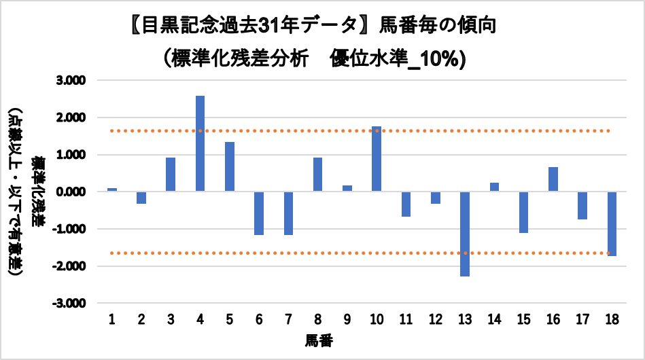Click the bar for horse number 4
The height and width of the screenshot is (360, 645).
point(200,143)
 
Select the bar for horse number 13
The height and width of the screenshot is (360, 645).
point(465,234)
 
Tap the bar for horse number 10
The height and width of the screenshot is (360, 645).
point(377,159)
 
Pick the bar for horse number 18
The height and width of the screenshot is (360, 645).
point(612,223)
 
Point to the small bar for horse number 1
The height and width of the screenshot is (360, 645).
point(112,190)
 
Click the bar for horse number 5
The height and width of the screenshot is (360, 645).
point(230,166)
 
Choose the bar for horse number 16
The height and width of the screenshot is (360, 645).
point(553,179)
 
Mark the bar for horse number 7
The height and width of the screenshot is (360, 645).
point(288,213)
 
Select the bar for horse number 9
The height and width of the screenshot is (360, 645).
point(347,188)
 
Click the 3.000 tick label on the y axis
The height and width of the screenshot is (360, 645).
point(71,81)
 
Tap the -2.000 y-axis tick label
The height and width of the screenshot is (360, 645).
point(69,266)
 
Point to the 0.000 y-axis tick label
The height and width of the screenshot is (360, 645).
point(71,192)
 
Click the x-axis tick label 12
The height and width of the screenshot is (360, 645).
point(436,319)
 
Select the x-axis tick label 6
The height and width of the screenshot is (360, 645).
point(259,319)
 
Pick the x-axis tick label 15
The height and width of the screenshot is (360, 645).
point(523,319)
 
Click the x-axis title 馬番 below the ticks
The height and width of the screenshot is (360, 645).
point(319,340)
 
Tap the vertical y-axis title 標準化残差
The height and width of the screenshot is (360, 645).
point(38,192)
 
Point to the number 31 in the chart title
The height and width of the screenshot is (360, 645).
point(268,26)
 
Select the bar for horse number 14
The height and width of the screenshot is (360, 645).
point(494,187)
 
